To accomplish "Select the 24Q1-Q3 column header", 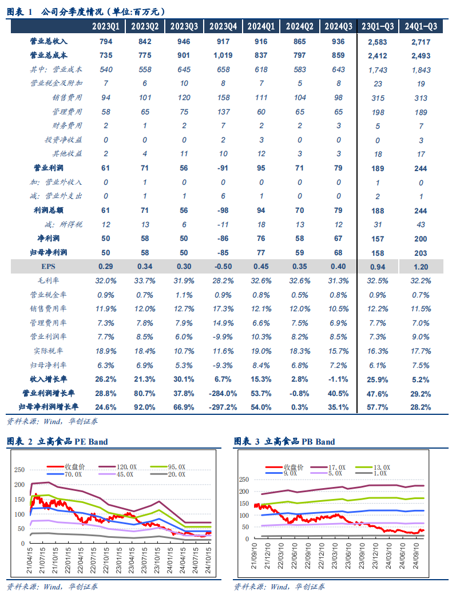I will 421,26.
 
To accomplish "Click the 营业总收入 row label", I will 49,41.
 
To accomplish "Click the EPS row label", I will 49,266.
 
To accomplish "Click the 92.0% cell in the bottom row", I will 145,407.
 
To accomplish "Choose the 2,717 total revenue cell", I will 421,41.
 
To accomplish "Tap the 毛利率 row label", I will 49,280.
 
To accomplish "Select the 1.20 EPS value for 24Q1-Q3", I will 421,266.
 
